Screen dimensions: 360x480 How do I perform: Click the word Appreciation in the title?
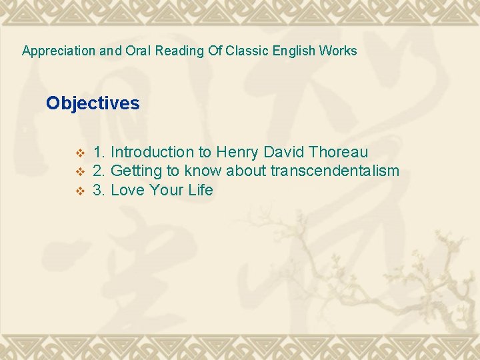59,51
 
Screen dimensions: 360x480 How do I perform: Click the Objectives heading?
93,103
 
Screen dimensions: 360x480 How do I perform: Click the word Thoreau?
339,153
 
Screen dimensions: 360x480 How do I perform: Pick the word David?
285,153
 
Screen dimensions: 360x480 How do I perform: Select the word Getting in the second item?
137,171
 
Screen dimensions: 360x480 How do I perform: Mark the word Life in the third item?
200,190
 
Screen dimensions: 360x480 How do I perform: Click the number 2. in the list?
99,171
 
